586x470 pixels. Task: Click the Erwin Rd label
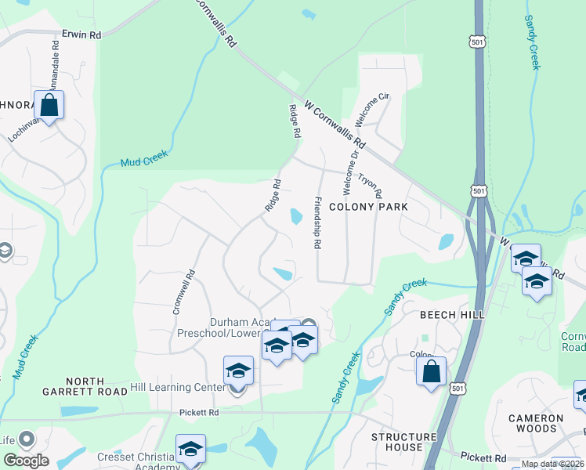81,35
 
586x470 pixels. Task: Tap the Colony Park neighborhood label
368,207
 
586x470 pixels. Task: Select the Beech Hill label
452,314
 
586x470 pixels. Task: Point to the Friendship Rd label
317,223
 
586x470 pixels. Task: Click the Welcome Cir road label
372,109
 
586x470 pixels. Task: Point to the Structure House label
403,442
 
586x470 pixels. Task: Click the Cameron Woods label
536,423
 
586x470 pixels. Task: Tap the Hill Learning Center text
171,387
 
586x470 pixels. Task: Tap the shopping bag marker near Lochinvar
49,106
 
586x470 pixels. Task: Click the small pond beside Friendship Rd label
296,215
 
